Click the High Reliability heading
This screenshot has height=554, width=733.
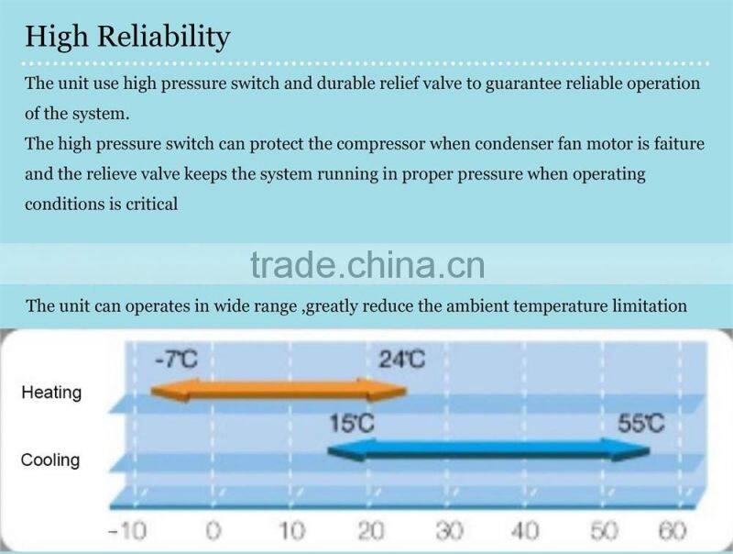(x=127, y=38)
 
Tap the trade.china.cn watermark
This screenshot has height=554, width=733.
(x=366, y=265)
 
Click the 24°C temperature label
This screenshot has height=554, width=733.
(x=401, y=359)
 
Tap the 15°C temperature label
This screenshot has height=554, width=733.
(x=351, y=424)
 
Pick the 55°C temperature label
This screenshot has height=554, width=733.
(x=640, y=424)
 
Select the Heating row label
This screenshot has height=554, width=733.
(x=51, y=393)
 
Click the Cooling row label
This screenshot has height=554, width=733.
(x=51, y=460)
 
